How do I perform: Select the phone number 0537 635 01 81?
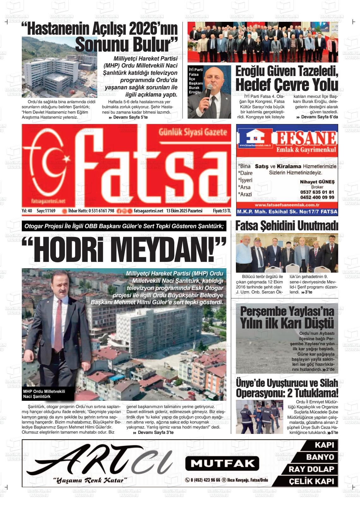pyautogui.click(x=317, y=192)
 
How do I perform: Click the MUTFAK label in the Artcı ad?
pyautogui.click(x=222, y=463)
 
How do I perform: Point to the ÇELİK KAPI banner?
pyautogui.click(x=311, y=481)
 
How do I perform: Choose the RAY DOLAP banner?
pyautogui.click(x=311, y=469)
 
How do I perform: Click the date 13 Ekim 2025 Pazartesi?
pyautogui.click(x=184, y=211)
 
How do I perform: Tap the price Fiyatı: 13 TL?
pyautogui.click(x=222, y=211)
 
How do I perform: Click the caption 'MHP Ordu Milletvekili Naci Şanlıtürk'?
pyautogui.click(x=44, y=394)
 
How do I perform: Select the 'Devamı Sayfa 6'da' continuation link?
pyautogui.click(x=317, y=117)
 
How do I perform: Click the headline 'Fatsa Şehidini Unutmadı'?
pyautogui.click(x=287, y=226)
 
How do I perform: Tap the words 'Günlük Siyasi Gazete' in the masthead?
pyautogui.click(x=193, y=133)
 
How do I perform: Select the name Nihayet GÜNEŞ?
pyautogui.click(x=317, y=182)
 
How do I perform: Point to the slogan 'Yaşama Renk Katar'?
pyautogui.click(x=90, y=480)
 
